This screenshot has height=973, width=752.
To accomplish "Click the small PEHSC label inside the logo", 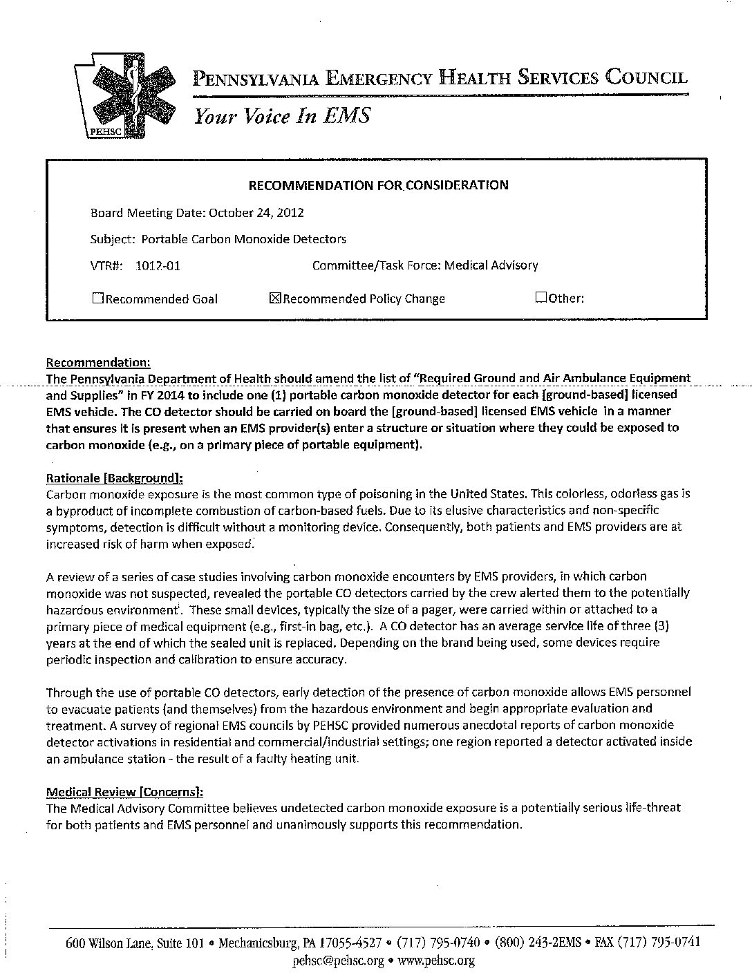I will (x=104, y=131).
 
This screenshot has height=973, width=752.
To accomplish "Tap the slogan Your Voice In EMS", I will (x=282, y=115).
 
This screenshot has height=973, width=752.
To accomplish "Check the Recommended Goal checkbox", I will (x=97, y=299).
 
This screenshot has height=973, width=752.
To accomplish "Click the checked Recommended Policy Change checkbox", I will (x=274, y=299).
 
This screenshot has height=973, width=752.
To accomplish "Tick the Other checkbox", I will (x=540, y=298).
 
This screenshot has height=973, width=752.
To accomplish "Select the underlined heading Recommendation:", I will (x=97, y=362).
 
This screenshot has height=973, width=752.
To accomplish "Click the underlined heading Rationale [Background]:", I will (x=114, y=478).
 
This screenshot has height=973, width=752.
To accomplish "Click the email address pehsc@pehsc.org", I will (x=338, y=961).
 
